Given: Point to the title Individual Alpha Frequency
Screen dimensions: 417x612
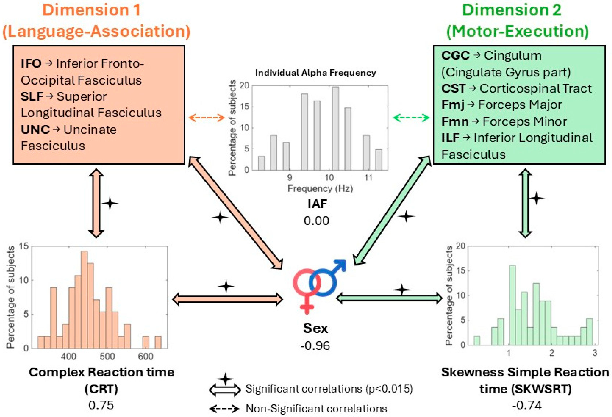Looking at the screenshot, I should click(x=316, y=73).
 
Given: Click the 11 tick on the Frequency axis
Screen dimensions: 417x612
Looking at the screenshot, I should click(x=368, y=178).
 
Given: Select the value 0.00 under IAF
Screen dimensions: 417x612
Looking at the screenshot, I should click(x=316, y=221).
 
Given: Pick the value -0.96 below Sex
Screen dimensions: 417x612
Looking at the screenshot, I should click(x=315, y=346).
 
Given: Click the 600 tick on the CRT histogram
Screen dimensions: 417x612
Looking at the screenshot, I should click(x=145, y=357).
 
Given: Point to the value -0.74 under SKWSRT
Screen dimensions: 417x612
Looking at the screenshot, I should click(x=527, y=405).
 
